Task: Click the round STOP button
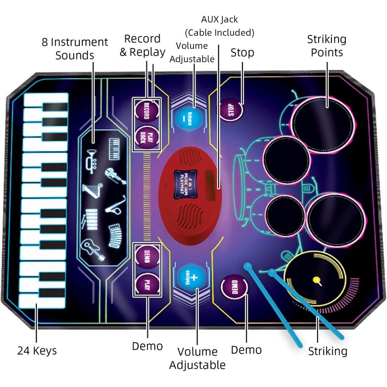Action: click(x=230, y=110)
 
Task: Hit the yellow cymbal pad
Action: click(x=316, y=280)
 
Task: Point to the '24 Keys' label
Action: click(x=37, y=351)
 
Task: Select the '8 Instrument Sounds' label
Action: click(x=74, y=48)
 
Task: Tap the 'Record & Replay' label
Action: click(x=143, y=45)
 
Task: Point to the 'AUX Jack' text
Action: click(x=220, y=20)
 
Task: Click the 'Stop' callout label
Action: click(x=242, y=52)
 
